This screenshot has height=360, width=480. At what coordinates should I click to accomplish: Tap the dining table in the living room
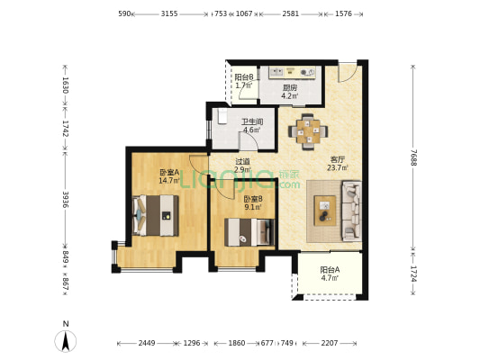pyautogui.click(x=308, y=131)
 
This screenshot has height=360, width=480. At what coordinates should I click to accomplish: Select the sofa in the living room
pyautogui.click(x=351, y=211)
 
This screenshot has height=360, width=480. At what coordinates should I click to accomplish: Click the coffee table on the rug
pyautogui.click(x=325, y=211)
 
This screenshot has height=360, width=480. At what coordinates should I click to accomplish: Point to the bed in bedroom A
pyautogui.click(x=155, y=215)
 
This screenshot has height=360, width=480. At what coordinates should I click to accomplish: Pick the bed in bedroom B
pyautogui.click(x=249, y=232)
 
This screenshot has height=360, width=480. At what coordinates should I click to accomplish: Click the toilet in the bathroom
pyautogui.click(x=222, y=116)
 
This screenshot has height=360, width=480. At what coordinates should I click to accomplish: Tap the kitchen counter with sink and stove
pyautogui.click(x=292, y=73)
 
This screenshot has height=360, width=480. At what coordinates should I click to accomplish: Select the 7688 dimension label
pyautogui.click(x=413, y=157)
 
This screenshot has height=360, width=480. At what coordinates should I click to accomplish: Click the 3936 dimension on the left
pyautogui.click(x=66, y=200)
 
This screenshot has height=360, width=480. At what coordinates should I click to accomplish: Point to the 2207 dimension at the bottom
pyautogui.click(x=330, y=343)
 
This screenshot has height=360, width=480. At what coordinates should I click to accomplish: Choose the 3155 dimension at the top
pyautogui.click(x=169, y=13)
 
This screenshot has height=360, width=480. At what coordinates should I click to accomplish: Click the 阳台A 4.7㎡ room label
pyautogui.click(x=330, y=274)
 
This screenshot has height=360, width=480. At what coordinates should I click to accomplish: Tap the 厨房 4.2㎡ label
pyautogui.click(x=290, y=92)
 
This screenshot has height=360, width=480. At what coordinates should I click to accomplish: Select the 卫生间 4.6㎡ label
pyautogui.click(x=252, y=126)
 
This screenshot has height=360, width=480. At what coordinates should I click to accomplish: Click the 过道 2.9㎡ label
pyautogui.click(x=243, y=166)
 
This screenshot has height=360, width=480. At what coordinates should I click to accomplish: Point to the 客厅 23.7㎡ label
pyautogui.click(x=338, y=164)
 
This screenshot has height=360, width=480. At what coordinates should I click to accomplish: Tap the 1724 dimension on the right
pyautogui.click(x=413, y=274)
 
